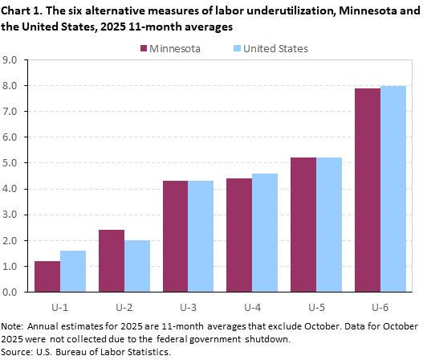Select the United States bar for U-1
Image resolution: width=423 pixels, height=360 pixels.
(x=73, y=272)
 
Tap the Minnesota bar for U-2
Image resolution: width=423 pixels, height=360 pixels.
(x=112, y=261)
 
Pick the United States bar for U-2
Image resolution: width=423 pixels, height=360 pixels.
(x=137, y=266)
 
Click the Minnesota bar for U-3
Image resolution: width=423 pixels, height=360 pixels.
(x=176, y=236)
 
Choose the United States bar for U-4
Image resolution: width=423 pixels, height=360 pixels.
(x=265, y=232)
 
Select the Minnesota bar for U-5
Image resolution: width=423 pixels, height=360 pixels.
(x=303, y=225)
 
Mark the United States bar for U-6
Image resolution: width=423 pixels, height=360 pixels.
(x=393, y=189)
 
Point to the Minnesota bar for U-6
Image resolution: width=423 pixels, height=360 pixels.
(x=368, y=190)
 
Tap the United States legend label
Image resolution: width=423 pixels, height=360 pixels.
(x=275, y=48)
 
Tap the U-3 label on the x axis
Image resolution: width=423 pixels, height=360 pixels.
(x=189, y=306)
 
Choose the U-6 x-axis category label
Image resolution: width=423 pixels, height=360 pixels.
(x=380, y=306)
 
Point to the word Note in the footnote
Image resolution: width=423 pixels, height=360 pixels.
(x=14, y=328)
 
